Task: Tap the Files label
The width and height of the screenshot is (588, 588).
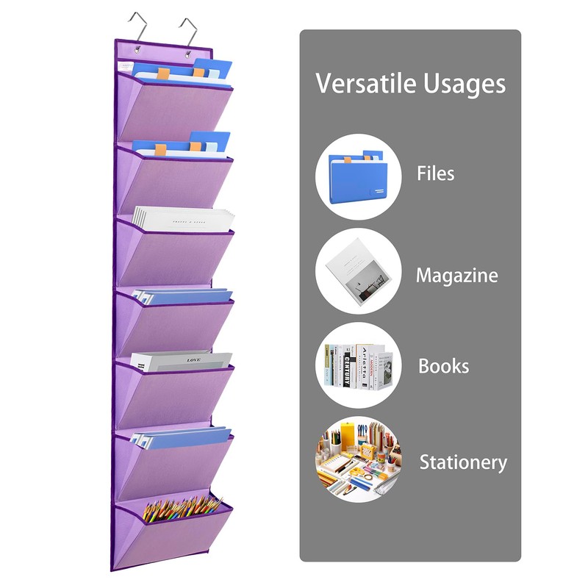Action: [x=435, y=174]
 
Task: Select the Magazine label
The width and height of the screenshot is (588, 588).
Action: [x=456, y=276]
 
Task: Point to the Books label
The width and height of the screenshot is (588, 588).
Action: [x=443, y=366]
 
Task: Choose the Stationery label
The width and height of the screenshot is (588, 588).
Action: [x=463, y=462]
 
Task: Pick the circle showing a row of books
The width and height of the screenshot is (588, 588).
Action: [x=358, y=365]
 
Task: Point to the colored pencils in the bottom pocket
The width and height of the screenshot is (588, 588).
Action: [x=182, y=507]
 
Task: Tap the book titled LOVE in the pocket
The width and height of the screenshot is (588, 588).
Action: [x=182, y=361]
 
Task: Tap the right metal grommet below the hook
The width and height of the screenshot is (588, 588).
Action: [x=190, y=53]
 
